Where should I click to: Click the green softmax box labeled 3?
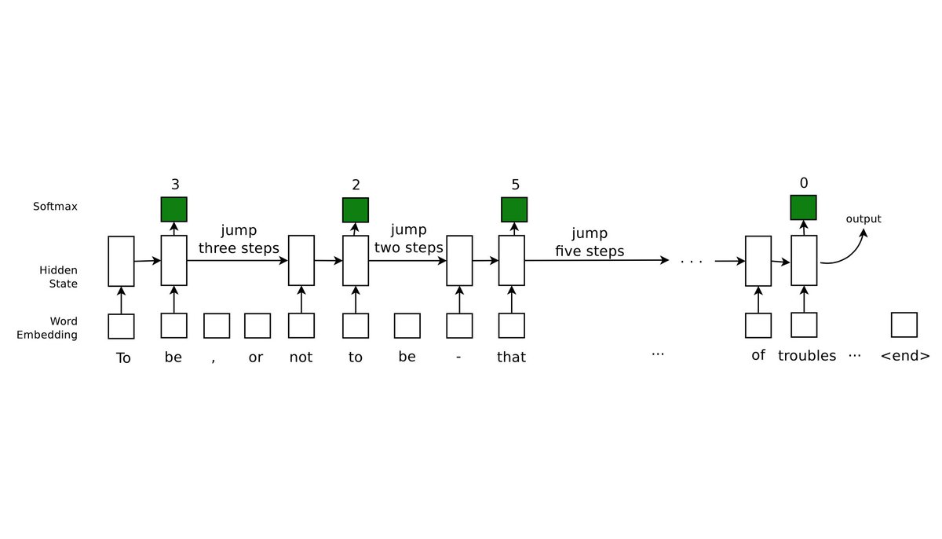173,209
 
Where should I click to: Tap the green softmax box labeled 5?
514,209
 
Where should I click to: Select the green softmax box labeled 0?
803,207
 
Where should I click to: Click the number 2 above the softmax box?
356,185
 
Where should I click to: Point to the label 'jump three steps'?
239,240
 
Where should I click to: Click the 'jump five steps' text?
590,242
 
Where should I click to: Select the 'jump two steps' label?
408,239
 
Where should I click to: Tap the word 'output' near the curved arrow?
863,219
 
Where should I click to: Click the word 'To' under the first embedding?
123,358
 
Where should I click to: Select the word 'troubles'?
807,356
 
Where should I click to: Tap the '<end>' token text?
905,356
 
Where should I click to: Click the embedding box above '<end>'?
904,324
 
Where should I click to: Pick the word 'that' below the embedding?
511,357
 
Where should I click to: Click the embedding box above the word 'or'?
257,325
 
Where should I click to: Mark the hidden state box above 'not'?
301,261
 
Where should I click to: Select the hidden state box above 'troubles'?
804,261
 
